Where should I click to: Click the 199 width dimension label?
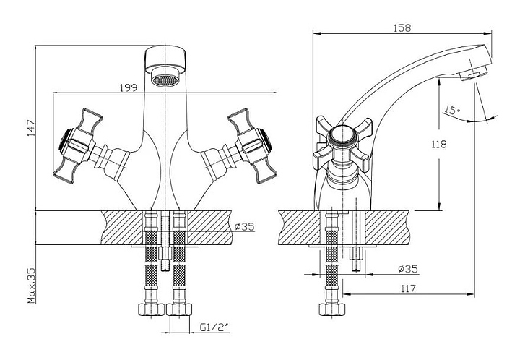click(x=129, y=87)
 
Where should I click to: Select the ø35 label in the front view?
click(x=246, y=226)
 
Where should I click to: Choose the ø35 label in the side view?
click(x=409, y=269)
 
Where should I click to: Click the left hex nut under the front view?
click(x=150, y=309)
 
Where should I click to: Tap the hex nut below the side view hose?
click(x=332, y=309)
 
